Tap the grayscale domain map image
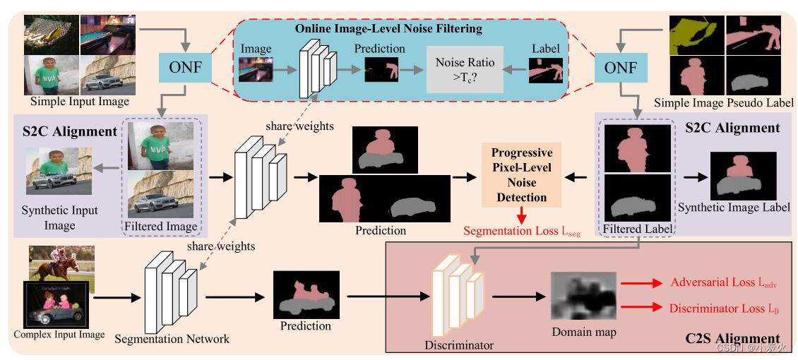click(583, 296)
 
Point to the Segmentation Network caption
click(173, 339)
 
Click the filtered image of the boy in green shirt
click(162, 146)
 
